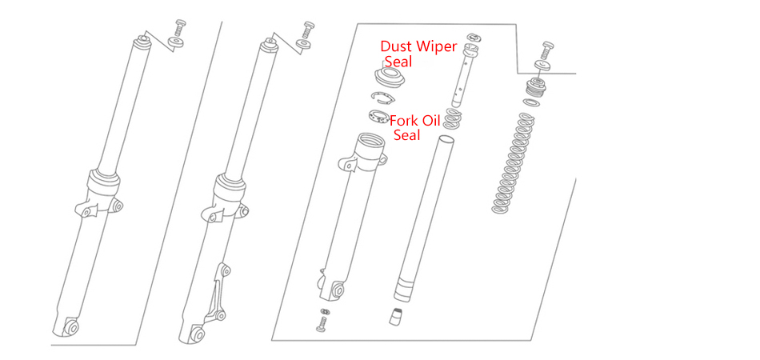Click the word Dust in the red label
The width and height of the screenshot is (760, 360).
(x=398, y=46)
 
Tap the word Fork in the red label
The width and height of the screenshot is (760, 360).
(x=405, y=121)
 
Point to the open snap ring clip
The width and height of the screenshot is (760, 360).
(x=383, y=98)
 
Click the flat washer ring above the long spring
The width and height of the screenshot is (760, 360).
(x=530, y=104)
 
